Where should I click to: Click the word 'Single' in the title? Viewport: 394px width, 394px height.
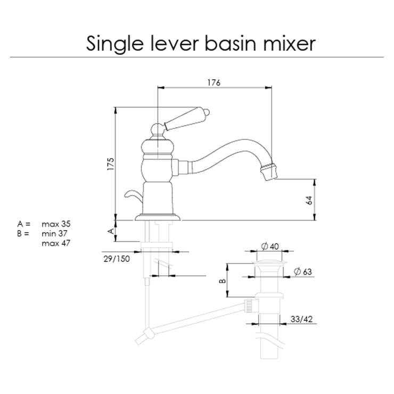point(114,44)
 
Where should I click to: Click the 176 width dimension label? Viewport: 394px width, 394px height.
point(214,83)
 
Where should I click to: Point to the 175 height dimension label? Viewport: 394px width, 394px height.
point(111,165)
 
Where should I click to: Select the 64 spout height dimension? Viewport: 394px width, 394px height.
point(309,200)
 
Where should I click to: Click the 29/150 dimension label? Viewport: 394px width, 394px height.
point(117,259)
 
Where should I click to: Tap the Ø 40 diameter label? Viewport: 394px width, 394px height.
point(270,246)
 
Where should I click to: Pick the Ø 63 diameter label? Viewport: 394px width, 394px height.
point(303,272)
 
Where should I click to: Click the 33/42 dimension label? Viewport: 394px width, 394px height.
point(301,319)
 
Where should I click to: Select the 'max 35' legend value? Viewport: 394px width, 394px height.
point(56,224)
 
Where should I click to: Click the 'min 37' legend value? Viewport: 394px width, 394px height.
point(54,233)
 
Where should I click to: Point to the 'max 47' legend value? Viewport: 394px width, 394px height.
point(56,243)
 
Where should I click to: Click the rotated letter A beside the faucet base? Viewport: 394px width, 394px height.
point(111,231)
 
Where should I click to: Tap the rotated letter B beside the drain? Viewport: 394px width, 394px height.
point(223,281)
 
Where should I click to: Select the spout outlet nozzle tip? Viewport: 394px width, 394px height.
point(268,172)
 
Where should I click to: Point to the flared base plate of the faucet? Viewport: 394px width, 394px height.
point(158,217)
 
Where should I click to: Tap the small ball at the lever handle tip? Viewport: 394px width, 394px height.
point(207,112)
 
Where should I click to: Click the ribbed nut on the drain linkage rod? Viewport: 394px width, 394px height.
point(251,306)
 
